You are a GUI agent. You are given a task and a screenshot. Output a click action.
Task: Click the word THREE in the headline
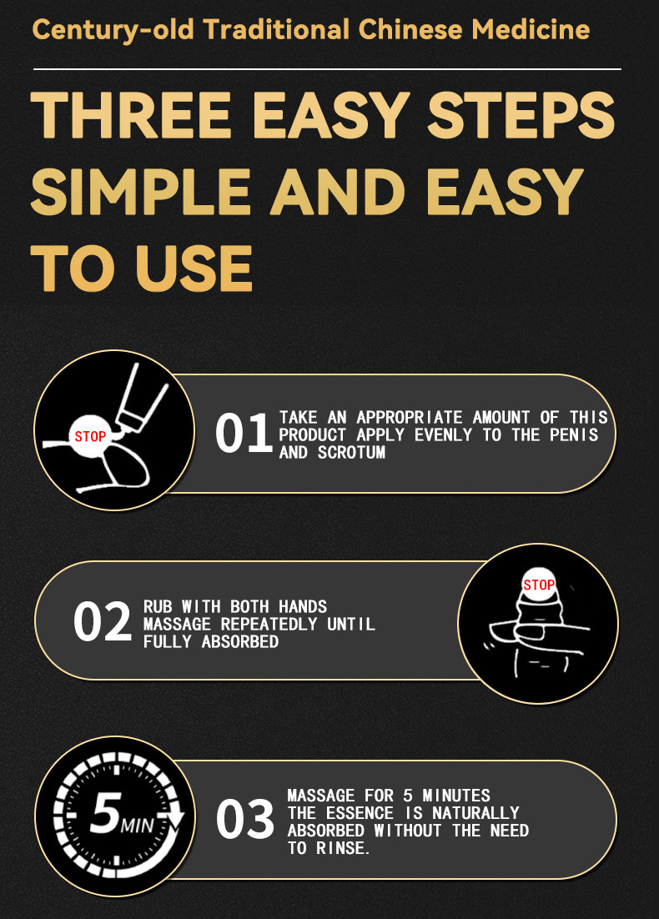coord(131,115)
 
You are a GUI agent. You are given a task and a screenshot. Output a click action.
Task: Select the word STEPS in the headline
coord(521,115)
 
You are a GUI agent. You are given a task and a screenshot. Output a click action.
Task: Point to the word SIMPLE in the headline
coord(141,192)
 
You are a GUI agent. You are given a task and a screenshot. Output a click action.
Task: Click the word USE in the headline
coord(194,269)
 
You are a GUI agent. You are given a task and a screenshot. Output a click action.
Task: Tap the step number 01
coord(244,433)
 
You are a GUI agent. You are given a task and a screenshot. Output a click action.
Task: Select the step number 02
coord(102,622)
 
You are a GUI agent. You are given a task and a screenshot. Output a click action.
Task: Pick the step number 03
coord(245,820)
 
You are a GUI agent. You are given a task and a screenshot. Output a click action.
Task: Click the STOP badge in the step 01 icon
coord(90,437)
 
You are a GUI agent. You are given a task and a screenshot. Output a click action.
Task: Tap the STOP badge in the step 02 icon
coord(539,585)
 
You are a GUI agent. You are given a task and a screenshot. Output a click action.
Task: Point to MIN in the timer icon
coord(137,826)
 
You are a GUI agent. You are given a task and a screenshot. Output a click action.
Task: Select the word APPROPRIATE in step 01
coord(410,417)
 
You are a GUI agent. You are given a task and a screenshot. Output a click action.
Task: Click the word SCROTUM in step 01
coord(351,453)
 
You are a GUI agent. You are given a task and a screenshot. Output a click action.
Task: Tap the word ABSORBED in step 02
coord(239,642)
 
